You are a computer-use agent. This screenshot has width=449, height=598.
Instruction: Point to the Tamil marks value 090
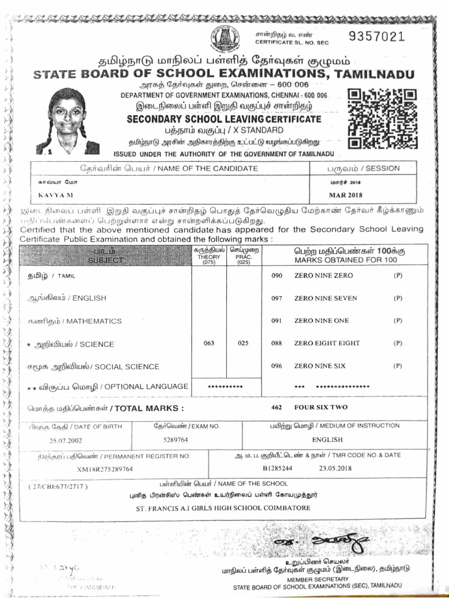(x=277, y=275)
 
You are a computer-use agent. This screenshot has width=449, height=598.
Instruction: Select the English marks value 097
(x=277, y=298)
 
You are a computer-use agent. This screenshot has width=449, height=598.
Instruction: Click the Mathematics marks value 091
(x=277, y=321)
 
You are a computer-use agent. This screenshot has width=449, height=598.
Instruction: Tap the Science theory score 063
(x=209, y=343)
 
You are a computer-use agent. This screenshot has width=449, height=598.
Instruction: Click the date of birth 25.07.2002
(x=66, y=440)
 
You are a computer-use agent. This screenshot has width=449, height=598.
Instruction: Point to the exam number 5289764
(x=175, y=440)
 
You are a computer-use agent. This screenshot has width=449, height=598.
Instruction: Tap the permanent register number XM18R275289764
(x=105, y=469)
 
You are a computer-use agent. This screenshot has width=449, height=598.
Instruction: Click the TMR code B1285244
(x=277, y=468)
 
